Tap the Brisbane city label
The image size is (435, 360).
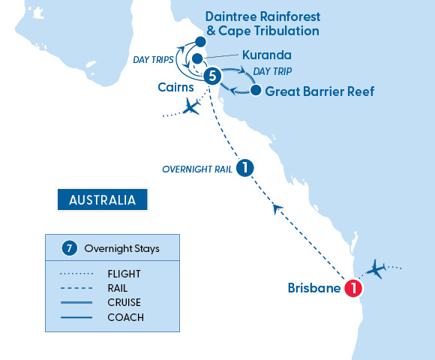click(x=314, y=288)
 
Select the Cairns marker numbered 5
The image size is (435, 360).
click(x=213, y=76)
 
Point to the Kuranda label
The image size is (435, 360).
click(x=267, y=56)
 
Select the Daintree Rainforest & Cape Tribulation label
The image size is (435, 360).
click(x=262, y=23)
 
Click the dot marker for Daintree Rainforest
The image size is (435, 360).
click(x=200, y=42)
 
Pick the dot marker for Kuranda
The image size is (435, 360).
click(x=196, y=58)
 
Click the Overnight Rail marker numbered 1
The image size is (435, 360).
click(x=243, y=169)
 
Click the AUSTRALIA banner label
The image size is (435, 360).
click(x=102, y=200)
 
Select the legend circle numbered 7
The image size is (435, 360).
click(x=69, y=247)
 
